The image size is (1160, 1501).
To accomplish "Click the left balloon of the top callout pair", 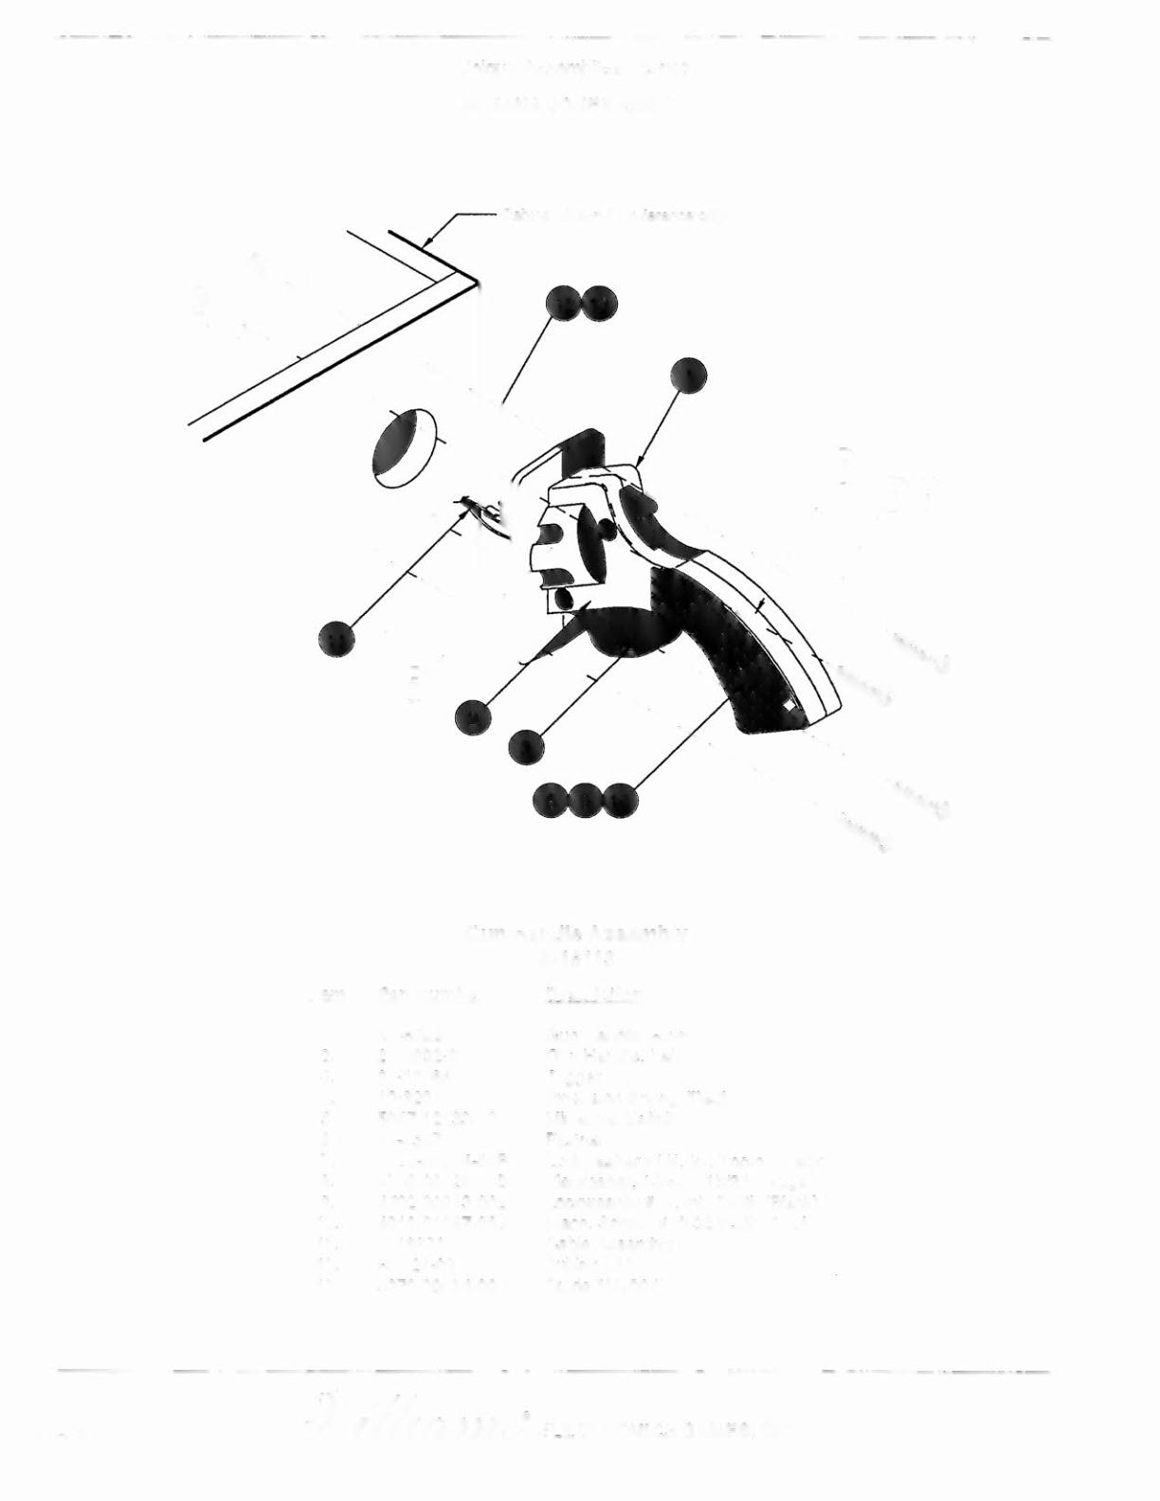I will pyautogui.click(x=566, y=304).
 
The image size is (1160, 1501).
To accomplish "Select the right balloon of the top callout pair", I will pyautogui.click(x=599, y=304).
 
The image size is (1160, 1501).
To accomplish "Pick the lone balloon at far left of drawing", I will pyautogui.click(x=336, y=638).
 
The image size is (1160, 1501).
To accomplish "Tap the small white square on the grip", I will pyautogui.click(x=789, y=706).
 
